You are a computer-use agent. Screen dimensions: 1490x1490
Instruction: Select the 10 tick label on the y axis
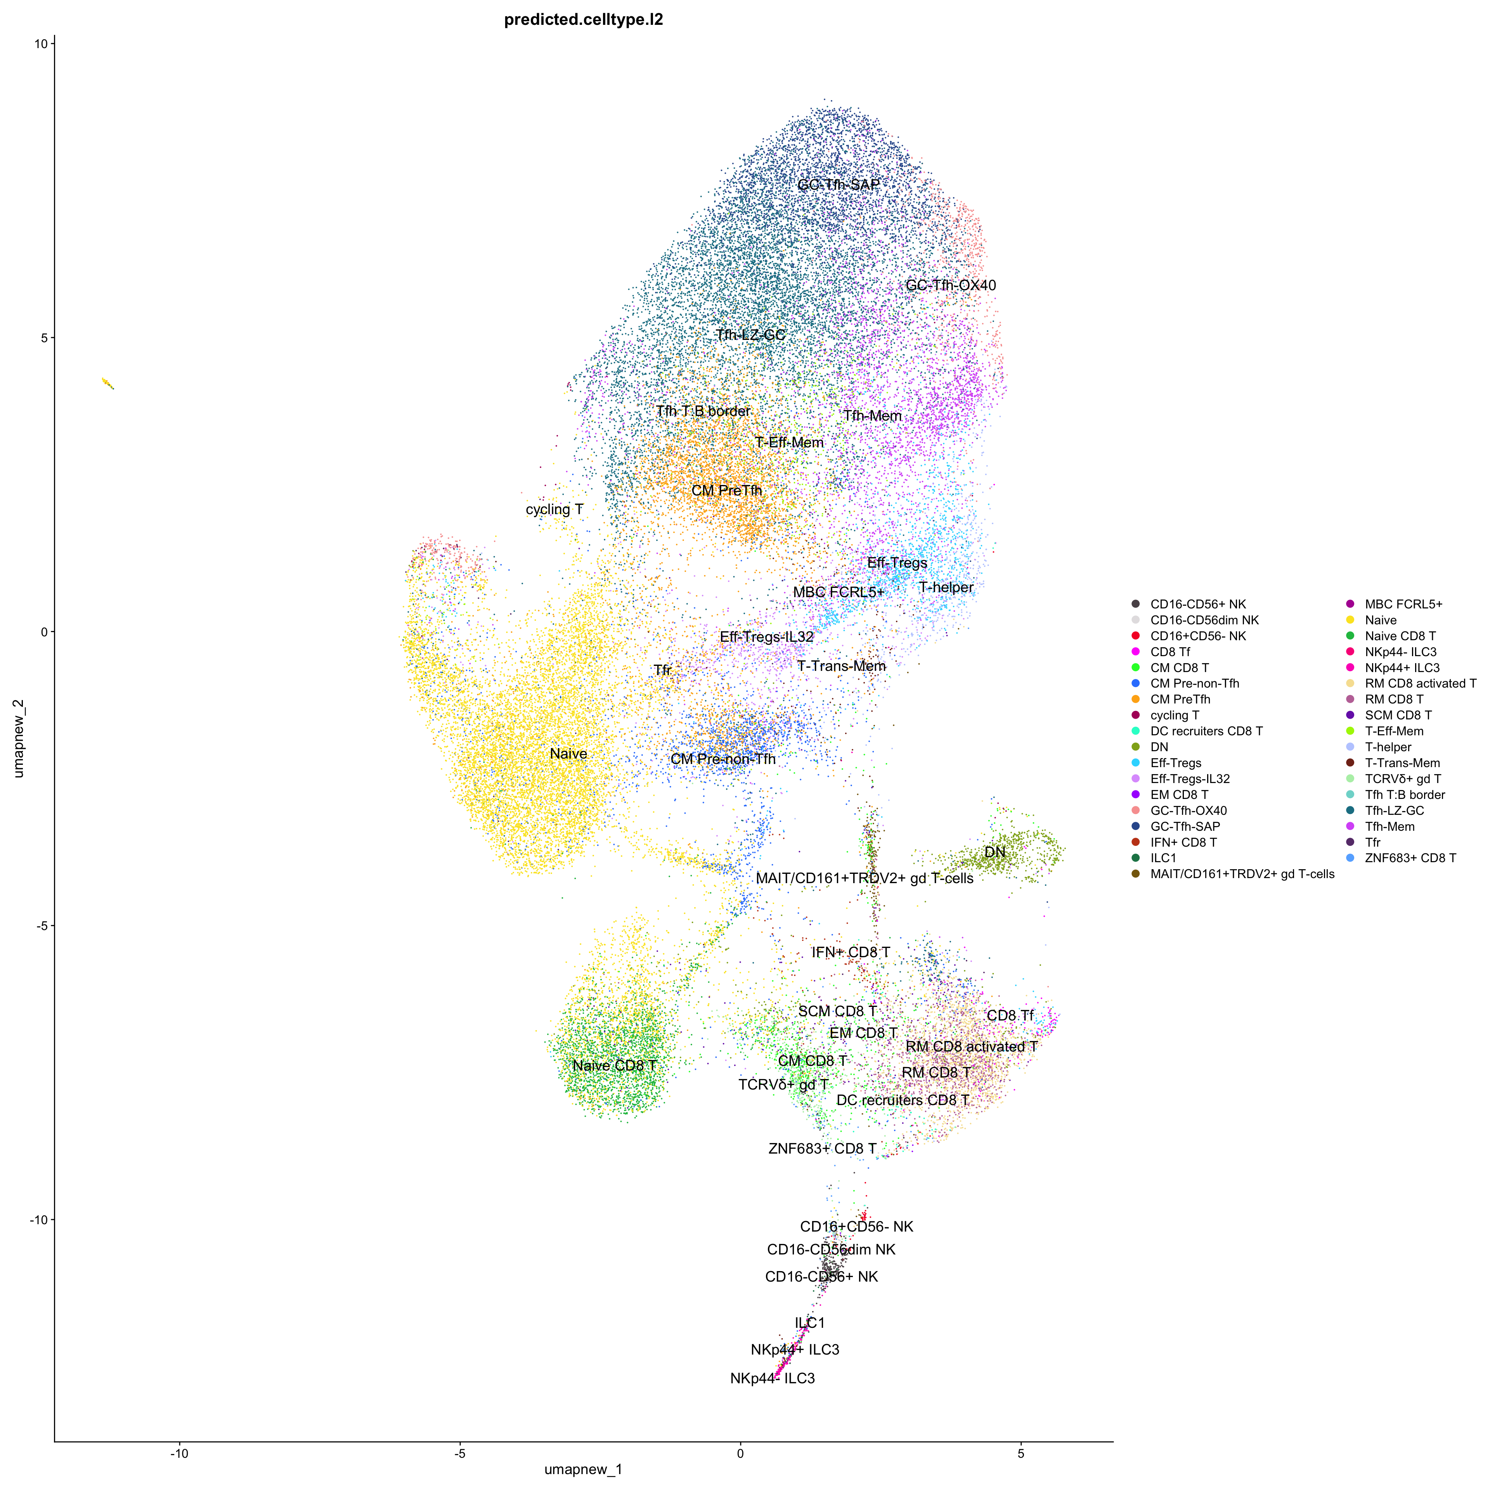(40, 44)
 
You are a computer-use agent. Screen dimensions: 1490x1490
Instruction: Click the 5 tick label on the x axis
(1021, 1454)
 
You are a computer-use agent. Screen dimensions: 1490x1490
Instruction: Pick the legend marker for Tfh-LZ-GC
(1350, 811)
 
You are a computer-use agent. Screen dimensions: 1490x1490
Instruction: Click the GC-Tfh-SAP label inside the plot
(838, 185)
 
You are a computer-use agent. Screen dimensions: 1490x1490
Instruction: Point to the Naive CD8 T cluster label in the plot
(615, 1066)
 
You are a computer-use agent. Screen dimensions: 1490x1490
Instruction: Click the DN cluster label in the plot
(995, 852)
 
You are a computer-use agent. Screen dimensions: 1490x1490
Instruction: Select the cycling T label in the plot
(554, 510)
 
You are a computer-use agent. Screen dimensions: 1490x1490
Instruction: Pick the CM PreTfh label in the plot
(726, 490)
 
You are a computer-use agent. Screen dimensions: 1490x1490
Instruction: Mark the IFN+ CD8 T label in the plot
(851, 953)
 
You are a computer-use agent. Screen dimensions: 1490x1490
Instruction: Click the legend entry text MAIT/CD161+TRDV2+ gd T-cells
(1242, 874)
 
